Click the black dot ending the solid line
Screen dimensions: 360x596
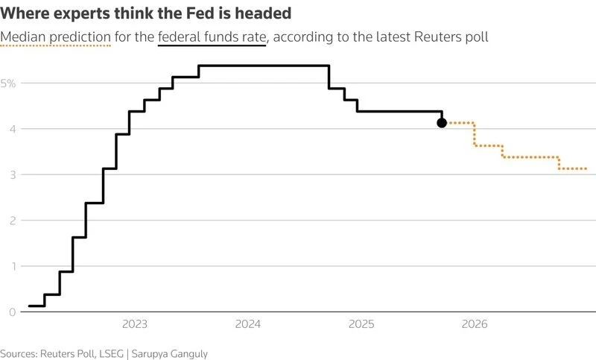[442, 122]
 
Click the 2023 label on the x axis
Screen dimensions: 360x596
[134, 324]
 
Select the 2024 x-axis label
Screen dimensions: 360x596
[247, 324]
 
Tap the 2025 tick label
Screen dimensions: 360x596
[361, 324]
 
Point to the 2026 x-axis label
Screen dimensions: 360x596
[475, 324]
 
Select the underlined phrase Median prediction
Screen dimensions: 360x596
[56, 37]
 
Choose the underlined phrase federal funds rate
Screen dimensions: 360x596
[212, 37]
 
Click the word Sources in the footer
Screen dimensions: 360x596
[19, 353]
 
